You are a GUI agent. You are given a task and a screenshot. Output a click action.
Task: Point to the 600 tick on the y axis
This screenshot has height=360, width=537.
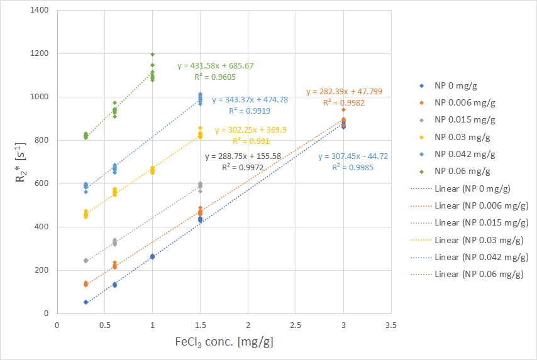point(44,183)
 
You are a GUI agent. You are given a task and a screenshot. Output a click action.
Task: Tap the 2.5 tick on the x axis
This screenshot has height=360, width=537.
point(296,325)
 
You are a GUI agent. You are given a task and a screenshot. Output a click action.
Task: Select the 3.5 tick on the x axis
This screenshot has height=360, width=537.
point(391,325)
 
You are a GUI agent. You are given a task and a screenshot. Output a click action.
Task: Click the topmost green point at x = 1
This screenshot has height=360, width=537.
point(152,55)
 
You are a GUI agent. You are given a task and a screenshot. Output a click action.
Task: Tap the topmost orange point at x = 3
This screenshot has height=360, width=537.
point(343,109)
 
